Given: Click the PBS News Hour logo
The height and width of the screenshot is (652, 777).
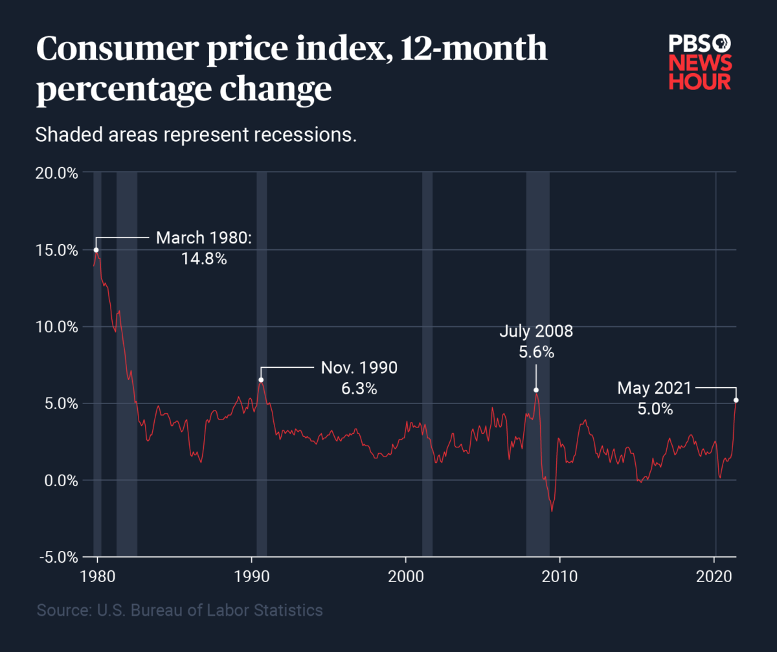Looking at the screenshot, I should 699,63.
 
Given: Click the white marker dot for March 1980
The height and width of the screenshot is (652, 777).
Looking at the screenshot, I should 96,250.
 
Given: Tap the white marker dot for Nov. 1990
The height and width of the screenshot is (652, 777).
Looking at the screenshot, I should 261,380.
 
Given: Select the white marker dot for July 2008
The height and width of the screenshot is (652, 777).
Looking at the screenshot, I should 536,390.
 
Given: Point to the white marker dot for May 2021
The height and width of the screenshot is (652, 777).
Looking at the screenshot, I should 736,400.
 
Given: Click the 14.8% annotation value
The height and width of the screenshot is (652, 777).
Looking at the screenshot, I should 204,260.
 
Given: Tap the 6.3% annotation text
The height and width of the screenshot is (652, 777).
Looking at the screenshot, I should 359,389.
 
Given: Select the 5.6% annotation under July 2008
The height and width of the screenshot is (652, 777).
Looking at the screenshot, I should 536,353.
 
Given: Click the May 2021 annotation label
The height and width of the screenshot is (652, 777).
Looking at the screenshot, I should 654,388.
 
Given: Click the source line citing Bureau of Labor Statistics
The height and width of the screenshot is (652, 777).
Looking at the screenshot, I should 179,610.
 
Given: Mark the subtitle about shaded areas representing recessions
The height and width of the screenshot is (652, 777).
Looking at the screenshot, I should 196,135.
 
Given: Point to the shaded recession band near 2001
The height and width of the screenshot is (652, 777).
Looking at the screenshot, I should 427,363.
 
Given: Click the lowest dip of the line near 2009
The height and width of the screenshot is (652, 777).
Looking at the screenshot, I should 552,511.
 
